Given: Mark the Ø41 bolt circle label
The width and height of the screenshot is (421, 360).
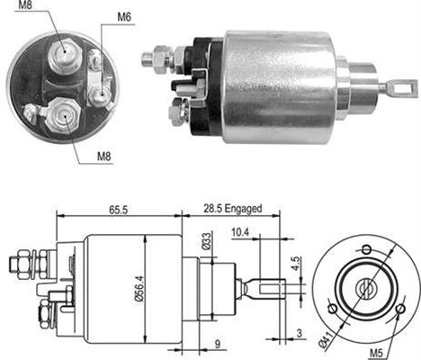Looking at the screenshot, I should point(324,339).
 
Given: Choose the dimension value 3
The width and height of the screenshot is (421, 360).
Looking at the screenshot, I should point(298,335).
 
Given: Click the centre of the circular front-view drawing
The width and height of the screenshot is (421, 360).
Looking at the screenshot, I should point(366,288).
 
